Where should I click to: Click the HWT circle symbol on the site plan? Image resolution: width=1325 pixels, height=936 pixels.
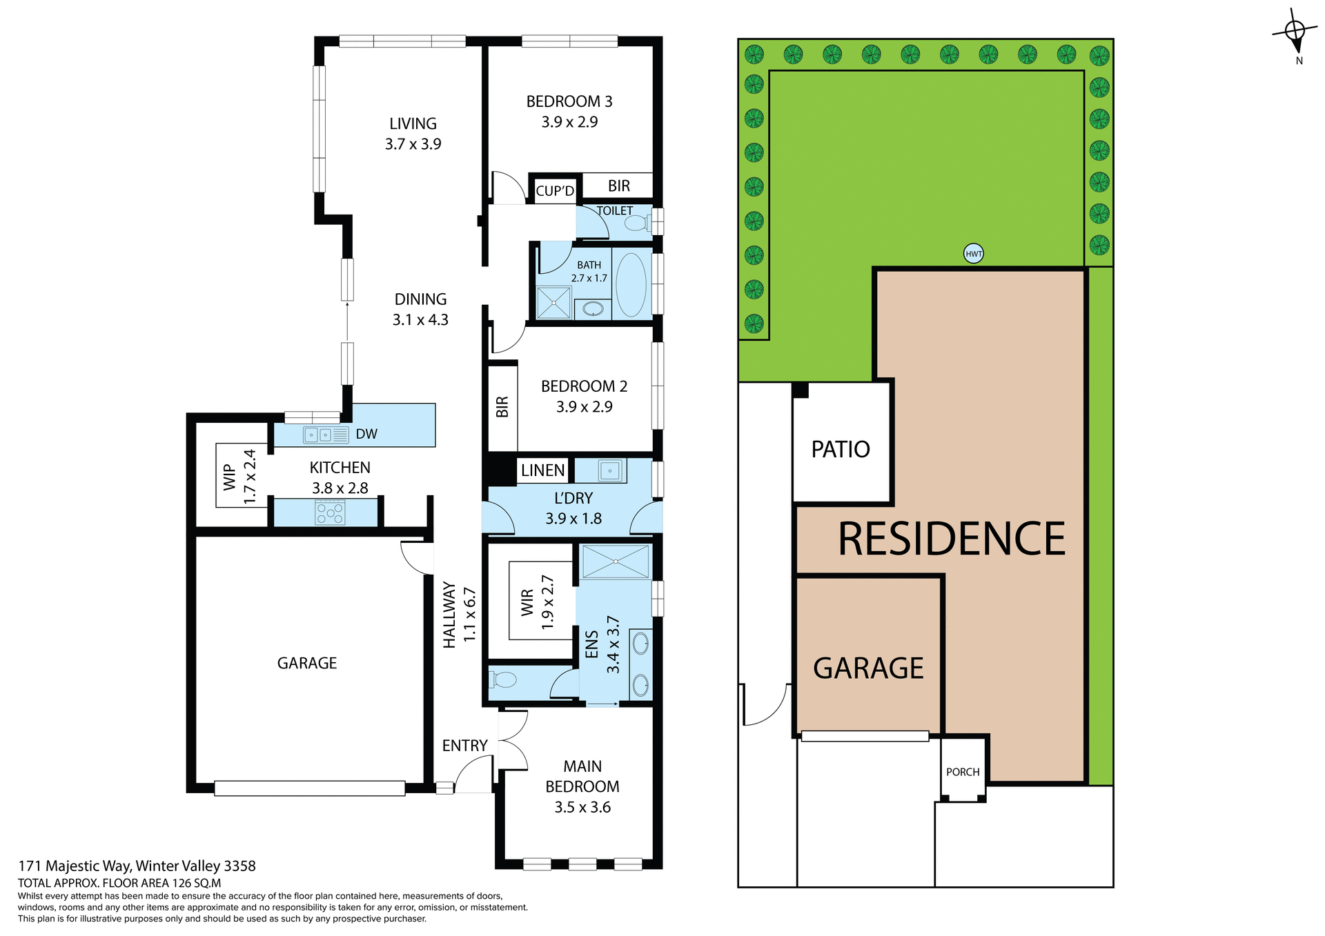(x=973, y=254)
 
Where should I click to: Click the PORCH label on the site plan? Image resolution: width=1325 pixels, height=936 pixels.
(x=963, y=772)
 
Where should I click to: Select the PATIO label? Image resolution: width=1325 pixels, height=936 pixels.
(x=840, y=450)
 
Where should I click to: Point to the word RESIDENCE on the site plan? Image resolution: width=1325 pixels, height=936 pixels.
(x=951, y=539)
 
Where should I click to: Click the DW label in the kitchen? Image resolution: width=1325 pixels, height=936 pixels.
(x=366, y=434)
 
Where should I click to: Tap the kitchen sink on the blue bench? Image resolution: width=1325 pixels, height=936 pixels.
(x=318, y=435)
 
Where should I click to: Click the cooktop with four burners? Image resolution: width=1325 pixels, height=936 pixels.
(x=330, y=512)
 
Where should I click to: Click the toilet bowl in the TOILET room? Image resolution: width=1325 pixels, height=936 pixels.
(x=636, y=223)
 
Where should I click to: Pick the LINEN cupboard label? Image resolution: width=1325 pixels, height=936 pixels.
(x=542, y=470)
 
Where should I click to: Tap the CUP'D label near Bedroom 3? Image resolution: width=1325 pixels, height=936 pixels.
(x=555, y=191)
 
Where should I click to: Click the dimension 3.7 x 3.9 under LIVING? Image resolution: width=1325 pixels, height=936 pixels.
(x=413, y=144)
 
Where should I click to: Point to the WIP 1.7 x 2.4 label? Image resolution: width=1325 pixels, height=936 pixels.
(x=239, y=476)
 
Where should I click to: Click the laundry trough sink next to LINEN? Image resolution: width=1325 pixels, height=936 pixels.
(x=609, y=471)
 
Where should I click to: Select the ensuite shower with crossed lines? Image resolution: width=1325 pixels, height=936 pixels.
(x=615, y=561)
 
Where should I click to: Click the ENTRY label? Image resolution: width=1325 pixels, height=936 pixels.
(x=464, y=746)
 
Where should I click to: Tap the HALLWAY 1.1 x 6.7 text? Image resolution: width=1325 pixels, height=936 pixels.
(x=459, y=615)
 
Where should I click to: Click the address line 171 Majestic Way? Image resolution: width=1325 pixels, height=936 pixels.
(x=137, y=866)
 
